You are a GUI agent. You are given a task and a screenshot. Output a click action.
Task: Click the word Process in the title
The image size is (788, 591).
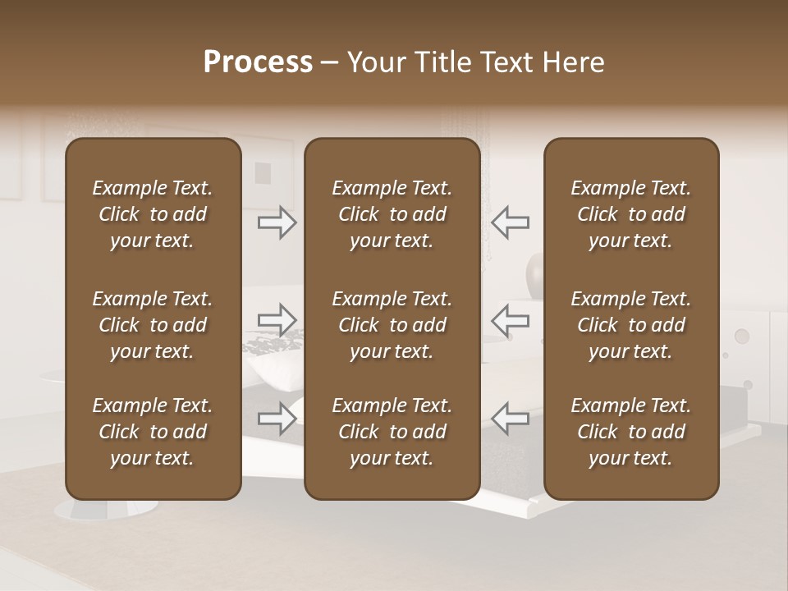coord(258,62)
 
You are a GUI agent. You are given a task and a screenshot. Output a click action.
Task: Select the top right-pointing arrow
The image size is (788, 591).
coord(277,222)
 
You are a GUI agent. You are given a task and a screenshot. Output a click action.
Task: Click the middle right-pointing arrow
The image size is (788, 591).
coord(277,320)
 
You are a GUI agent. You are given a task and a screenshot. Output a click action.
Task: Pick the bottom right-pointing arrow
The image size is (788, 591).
coord(277,418)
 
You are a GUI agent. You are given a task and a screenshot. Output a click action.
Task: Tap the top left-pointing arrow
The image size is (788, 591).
coord(510,222)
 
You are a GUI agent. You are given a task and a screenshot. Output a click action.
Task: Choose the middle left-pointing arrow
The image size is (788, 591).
coord(510,320)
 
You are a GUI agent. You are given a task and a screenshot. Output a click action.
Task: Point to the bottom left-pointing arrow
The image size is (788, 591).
coord(510,418)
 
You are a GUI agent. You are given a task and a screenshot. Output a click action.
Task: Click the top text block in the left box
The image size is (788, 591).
coord(153,214)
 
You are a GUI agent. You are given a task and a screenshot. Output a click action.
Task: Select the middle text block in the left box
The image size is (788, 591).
coord(153,325)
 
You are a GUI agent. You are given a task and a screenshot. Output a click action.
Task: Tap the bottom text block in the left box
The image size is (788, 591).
coord(153,432)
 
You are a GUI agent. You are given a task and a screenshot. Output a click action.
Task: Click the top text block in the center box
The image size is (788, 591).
coord(392,214)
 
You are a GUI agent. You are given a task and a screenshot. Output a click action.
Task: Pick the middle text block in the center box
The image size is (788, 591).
coord(392,325)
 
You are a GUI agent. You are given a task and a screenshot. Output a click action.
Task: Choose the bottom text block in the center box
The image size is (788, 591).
coord(392,432)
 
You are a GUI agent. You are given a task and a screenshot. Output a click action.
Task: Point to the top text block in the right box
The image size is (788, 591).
coord(630,214)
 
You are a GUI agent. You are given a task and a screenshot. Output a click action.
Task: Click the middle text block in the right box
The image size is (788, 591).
coord(630,325)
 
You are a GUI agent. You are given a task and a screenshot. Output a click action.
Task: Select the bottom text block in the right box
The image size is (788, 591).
coord(630,432)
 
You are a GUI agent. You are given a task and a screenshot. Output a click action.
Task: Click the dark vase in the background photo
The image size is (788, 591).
coord(535,270)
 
